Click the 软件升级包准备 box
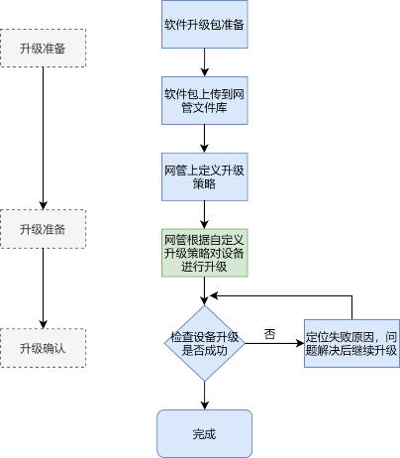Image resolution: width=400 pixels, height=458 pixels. (x=205, y=24)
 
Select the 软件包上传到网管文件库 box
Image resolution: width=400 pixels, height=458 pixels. (x=205, y=100)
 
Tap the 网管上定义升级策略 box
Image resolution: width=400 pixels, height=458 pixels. (x=205, y=176)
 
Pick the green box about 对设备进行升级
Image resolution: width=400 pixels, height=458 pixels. (x=205, y=253)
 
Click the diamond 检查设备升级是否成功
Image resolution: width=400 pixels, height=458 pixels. (x=205, y=343)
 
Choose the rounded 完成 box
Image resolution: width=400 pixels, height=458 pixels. (x=205, y=434)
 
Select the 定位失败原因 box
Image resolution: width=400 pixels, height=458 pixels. (x=351, y=343)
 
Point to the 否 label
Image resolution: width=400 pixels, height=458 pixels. (x=269, y=334)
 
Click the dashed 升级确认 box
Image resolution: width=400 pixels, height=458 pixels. (x=43, y=348)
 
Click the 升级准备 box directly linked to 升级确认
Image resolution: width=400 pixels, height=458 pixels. (x=43, y=229)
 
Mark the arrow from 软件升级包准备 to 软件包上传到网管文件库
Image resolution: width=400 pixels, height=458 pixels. (x=205, y=62)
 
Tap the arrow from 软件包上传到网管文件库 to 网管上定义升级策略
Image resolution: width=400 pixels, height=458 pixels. (x=205, y=139)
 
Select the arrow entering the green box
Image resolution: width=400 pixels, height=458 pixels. (x=205, y=215)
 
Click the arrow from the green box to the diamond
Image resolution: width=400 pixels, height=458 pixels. (x=205, y=290)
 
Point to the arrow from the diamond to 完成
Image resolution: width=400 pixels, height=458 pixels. (x=205, y=396)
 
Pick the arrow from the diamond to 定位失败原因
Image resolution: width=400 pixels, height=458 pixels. (x=274, y=343)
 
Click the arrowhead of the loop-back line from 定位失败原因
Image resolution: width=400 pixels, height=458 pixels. (x=214, y=295)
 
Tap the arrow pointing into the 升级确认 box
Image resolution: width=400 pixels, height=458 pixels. (x=43, y=288)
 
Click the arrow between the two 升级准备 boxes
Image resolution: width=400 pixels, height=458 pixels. (x=43, y=138)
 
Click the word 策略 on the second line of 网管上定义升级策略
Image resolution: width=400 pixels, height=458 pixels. (x=205, y=183)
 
